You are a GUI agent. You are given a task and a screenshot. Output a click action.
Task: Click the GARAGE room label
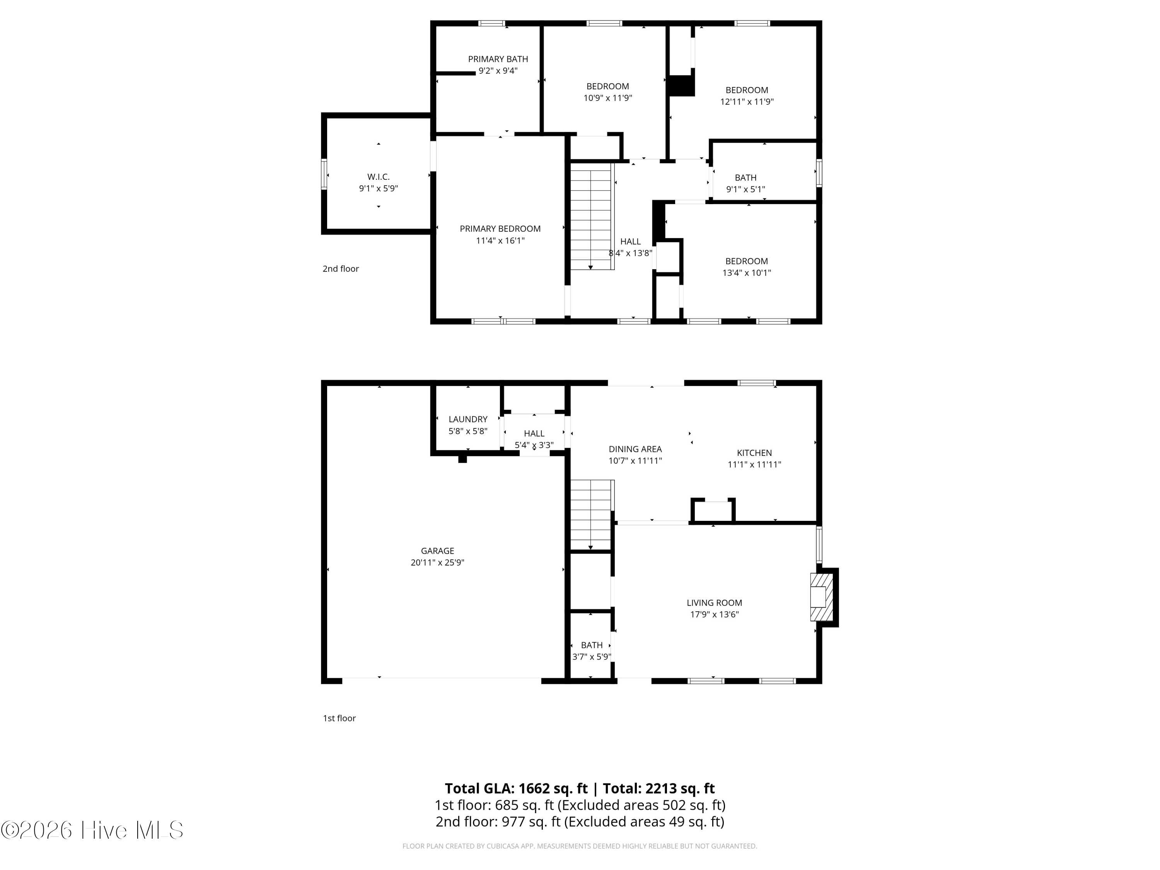(437, 551)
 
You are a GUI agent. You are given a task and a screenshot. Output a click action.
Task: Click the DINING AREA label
(635, 449)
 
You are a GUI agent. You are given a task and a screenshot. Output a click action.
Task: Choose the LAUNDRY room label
(468, 420)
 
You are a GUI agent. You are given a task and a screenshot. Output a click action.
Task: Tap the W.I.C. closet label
(378, 177)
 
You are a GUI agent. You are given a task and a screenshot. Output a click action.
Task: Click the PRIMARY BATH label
(498, 59)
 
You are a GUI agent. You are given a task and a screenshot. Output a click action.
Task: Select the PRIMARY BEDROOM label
(500, 229)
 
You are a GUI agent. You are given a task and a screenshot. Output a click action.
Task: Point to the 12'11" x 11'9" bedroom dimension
(747, 102)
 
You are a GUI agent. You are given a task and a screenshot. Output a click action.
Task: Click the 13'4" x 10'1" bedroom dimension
(746, 273)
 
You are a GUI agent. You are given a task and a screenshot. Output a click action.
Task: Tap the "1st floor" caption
(339, 718)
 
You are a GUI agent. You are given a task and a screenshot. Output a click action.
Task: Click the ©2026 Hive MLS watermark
(92, 830)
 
